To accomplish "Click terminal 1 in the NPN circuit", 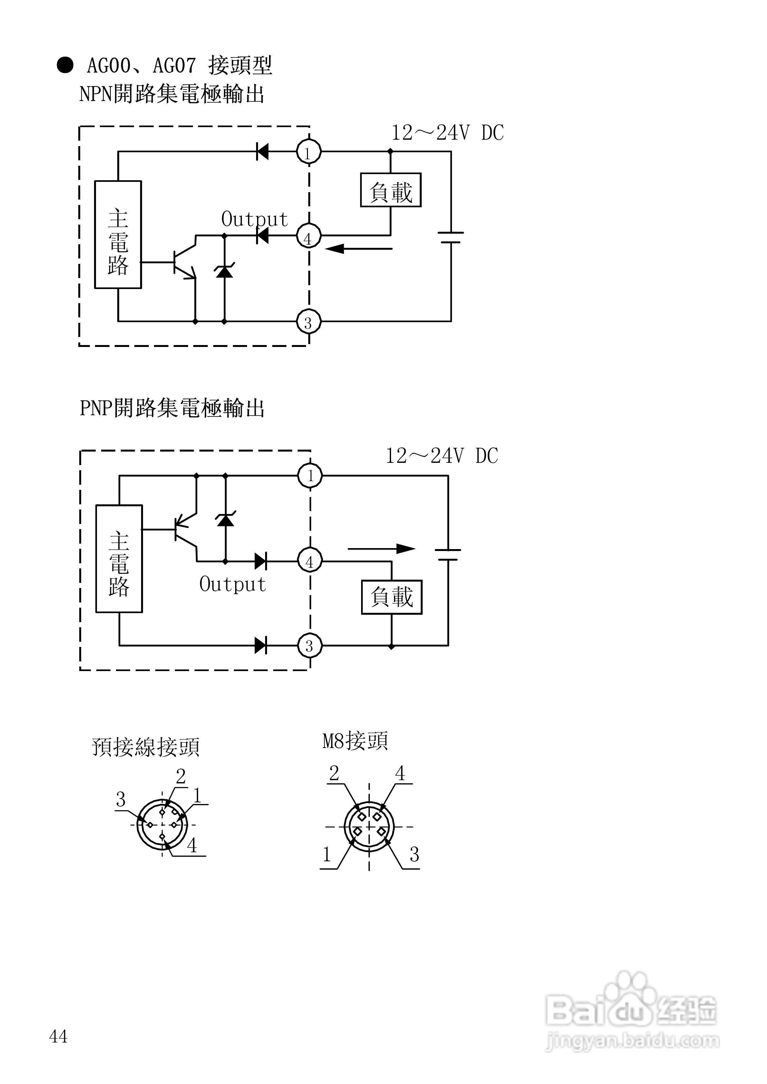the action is point(309,152).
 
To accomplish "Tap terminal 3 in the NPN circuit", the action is point(309,322).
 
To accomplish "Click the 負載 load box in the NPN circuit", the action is point(391,190).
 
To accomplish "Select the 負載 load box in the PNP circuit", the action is point(392,597).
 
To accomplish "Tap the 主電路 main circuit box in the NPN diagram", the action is point(118,234).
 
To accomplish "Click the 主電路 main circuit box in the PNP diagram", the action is point(119,558).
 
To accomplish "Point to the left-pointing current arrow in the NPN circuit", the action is point(359,248).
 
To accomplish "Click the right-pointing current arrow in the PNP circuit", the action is point(382,549).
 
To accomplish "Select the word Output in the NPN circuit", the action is point(255,219).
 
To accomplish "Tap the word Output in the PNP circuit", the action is point(233,584).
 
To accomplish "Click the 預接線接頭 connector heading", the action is point(146,747).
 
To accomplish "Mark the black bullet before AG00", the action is point(65,65).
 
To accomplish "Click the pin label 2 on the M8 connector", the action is point(334,773).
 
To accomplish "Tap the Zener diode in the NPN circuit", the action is point(225,271).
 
